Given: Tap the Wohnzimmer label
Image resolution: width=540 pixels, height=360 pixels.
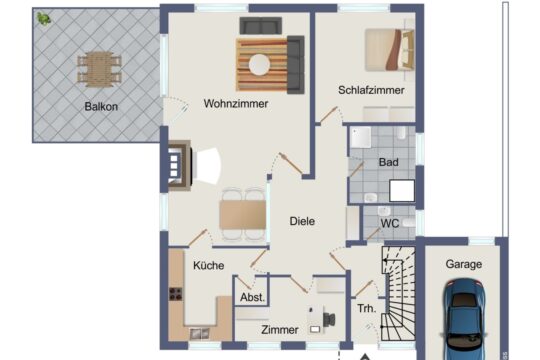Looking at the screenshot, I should coord(236,103).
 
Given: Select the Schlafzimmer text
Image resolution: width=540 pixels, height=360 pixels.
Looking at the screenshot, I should coord(371,90).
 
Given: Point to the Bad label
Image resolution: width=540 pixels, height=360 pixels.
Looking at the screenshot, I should coord(388,161).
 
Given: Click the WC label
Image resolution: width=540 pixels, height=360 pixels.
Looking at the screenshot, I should coord(390,223).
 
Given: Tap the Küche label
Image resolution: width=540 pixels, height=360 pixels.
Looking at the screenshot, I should coord(208,265).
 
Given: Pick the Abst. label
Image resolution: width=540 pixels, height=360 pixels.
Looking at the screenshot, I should coord(252,298).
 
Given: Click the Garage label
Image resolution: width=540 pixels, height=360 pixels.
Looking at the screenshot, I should coord(464,264).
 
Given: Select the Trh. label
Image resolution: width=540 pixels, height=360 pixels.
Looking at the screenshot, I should coord(367,309).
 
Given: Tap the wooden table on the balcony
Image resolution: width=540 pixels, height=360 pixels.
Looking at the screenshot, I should coord(99,67).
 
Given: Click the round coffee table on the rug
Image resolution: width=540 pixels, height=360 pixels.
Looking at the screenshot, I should coord(261,64).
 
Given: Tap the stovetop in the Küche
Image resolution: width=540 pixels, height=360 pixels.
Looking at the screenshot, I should coord(176,296).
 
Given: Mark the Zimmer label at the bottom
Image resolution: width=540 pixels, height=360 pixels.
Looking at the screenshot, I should coord(279,329).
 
